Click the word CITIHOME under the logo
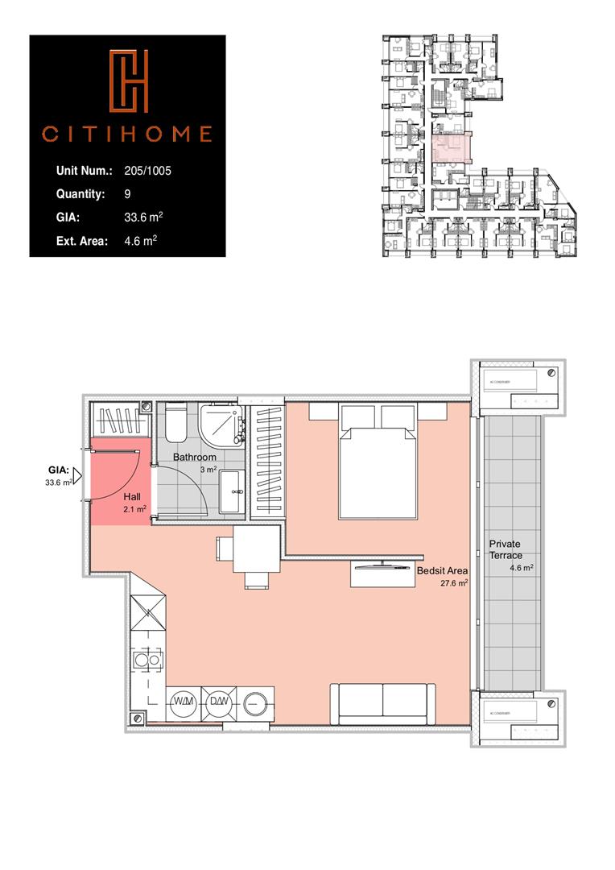pos(127,134)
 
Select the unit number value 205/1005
pos(148,171)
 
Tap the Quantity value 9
pos(128,194)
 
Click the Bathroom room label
pos(195,458)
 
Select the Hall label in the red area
pos(133,497)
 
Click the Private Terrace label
pos(506,550)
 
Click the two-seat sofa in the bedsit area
pos(382,703)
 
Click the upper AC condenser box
pos(515,386)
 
